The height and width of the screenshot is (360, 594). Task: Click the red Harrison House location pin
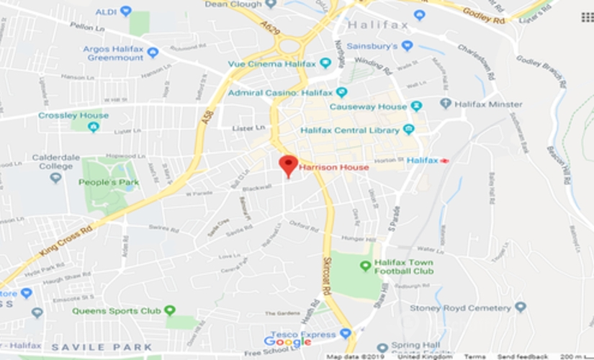click(288, 164)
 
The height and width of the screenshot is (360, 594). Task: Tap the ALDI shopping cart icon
click(126, 11)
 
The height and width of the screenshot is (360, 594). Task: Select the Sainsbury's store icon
click(407, 45)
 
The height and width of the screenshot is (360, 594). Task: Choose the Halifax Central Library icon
click(409, 130)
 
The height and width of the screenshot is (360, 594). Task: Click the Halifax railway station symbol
click(444, 160)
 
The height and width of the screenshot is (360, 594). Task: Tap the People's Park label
click(109, 181)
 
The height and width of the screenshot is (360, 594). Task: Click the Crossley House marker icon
click(93, 127)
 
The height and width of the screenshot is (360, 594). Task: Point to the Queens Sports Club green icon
click(169, 310)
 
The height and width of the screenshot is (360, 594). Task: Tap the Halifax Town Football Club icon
click(365, 266)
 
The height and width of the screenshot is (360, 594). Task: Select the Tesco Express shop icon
click(345, 333)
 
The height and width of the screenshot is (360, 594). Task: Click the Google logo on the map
click(287, 342)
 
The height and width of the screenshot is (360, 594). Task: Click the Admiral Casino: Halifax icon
click(341, 92)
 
